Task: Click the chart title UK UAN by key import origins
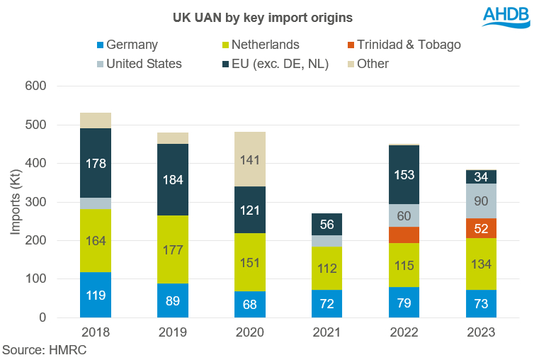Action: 256,16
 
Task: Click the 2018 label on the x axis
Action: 95,332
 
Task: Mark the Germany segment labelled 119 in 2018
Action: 95,295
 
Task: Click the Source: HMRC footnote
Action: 44,350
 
